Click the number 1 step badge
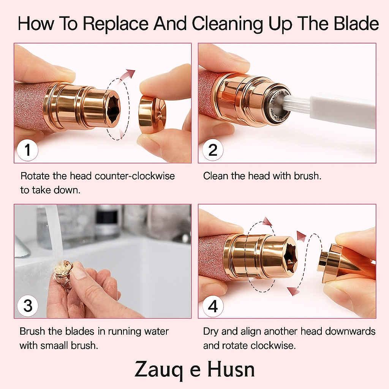27,150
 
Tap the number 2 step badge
213,150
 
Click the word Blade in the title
356,24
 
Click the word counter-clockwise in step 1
135,176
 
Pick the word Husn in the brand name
231,369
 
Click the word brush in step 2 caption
307,176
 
